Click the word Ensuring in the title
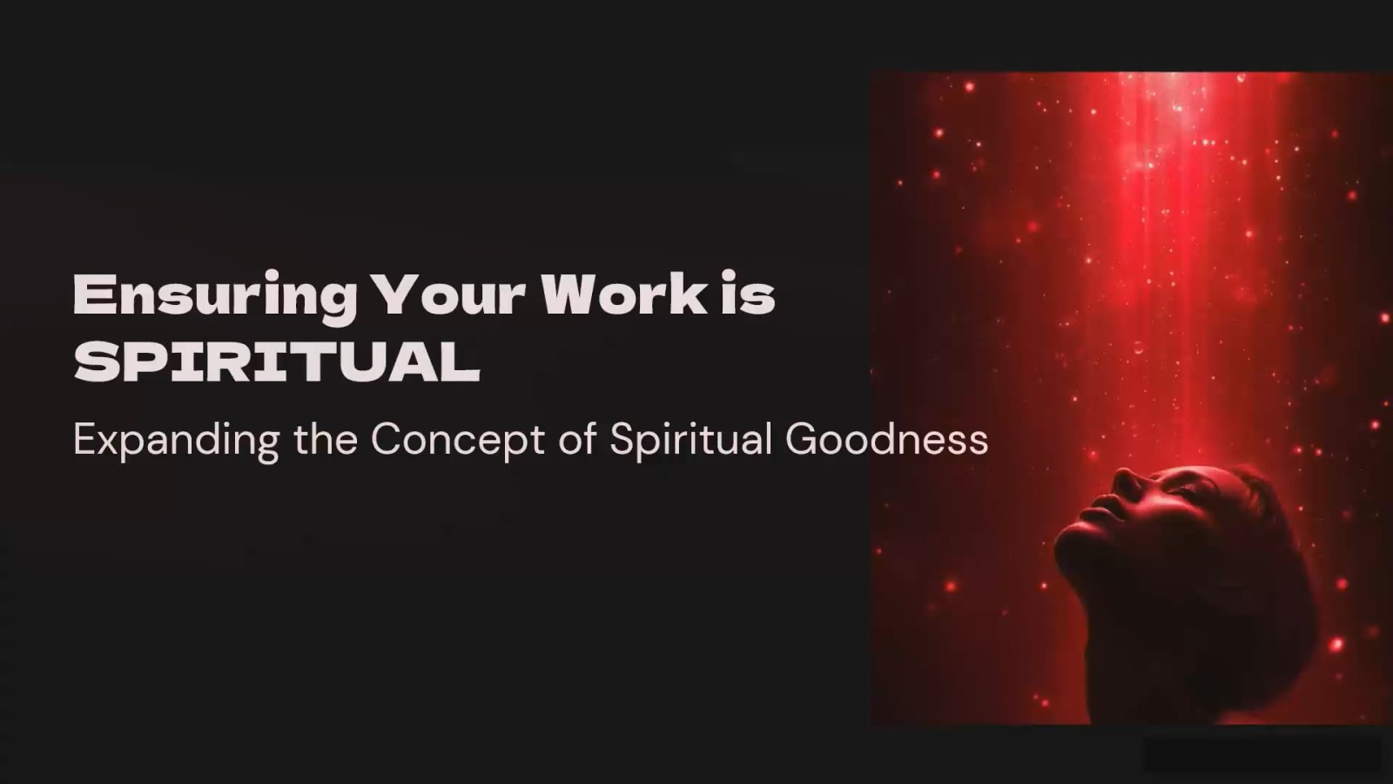pyautogui.click(x=216, y=298)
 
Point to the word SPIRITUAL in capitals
pyautogui.click(x=278, y=362)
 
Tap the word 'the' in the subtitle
pyautogui.click(x=326, y=439)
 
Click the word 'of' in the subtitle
pyautogui.click(x=578, y=439)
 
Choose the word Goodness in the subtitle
pyautogui.click(x=887, y=439)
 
